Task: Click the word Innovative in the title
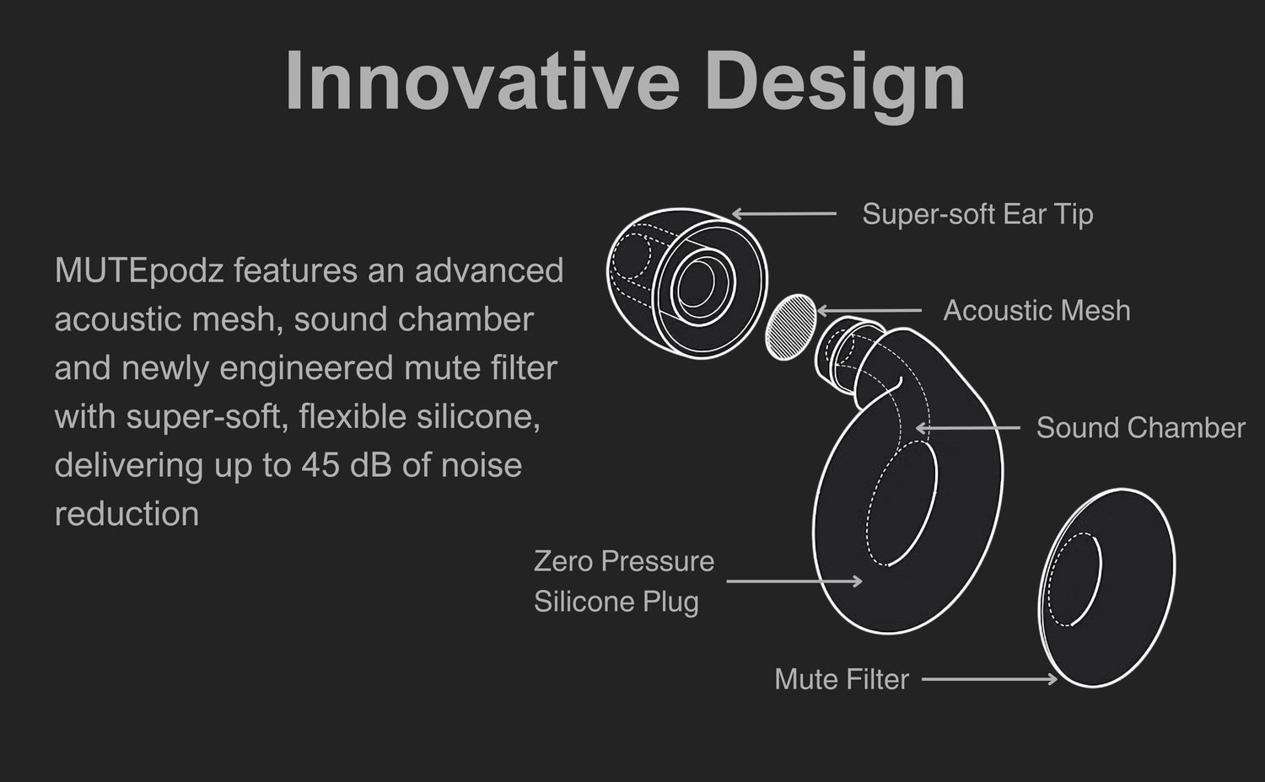click(482, 80)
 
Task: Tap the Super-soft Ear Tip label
click(977, 214)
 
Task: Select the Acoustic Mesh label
click(1036, 310)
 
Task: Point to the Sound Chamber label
click(1141, 428)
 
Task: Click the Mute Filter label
click(842, 678)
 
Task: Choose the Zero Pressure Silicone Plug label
click(624, 581)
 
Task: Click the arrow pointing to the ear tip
click(784, 214)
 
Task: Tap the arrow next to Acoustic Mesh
click(869, 310)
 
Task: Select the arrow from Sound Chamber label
click(968, 428)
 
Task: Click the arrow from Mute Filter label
click(989, 678)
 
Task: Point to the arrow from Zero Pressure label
click(794, 581)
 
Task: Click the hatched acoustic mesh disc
click(791, 327)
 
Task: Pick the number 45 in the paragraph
click(320, 465)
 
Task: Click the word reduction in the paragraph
click(126, 514)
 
